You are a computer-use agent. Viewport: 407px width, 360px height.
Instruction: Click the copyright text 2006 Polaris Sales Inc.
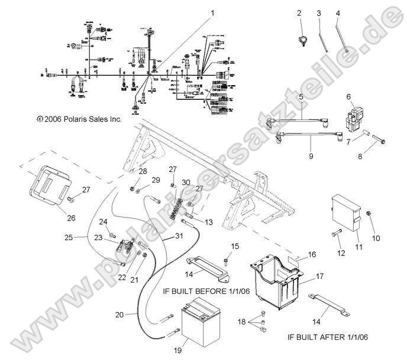coord(79,119)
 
